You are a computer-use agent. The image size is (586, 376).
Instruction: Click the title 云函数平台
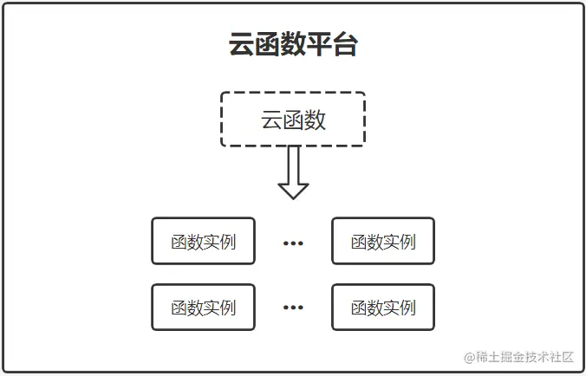pos(293,45)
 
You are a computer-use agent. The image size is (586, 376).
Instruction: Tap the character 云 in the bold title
pos(242,45)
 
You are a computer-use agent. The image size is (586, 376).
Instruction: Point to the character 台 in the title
pos(345,45)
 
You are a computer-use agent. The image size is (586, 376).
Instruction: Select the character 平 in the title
pos(319,45)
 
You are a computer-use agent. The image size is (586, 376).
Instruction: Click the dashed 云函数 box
pos(293,119)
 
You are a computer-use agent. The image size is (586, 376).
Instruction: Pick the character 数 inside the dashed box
pos(316,120)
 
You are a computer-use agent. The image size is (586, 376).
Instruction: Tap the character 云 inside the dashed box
pos(271,120)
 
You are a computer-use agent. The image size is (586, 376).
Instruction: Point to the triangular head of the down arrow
pos(293,190)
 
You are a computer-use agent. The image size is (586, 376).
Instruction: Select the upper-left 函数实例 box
pos(204,241)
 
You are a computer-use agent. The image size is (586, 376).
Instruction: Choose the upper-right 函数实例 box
pos(383,241)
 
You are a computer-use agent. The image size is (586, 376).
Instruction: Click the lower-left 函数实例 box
pos(204,307)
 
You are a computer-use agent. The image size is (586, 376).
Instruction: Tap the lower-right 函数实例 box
pos(383,307)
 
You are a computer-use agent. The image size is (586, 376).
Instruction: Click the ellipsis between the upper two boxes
pos(293,243)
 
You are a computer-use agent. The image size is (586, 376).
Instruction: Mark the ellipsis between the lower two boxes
pos(293,308)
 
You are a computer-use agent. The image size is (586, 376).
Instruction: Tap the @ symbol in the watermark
pos(470,357)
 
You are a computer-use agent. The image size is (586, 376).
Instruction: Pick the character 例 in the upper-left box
pos(228,241)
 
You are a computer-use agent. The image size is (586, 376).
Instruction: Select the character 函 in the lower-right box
pos(359,307)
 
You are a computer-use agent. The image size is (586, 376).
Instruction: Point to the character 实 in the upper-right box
pos(391,241)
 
